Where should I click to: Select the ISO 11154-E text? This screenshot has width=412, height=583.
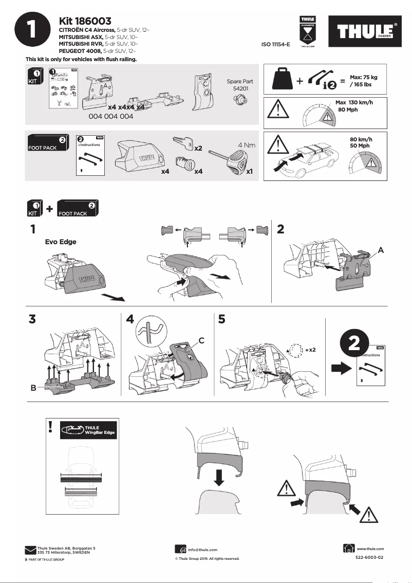coord(275,45)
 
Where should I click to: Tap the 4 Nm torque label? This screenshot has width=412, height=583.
coord(246,145)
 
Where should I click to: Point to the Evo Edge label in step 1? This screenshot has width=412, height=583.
coord(61,242)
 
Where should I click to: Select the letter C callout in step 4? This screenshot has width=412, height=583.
coord(201,340)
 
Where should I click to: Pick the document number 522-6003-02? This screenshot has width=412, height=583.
coord(369,558)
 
